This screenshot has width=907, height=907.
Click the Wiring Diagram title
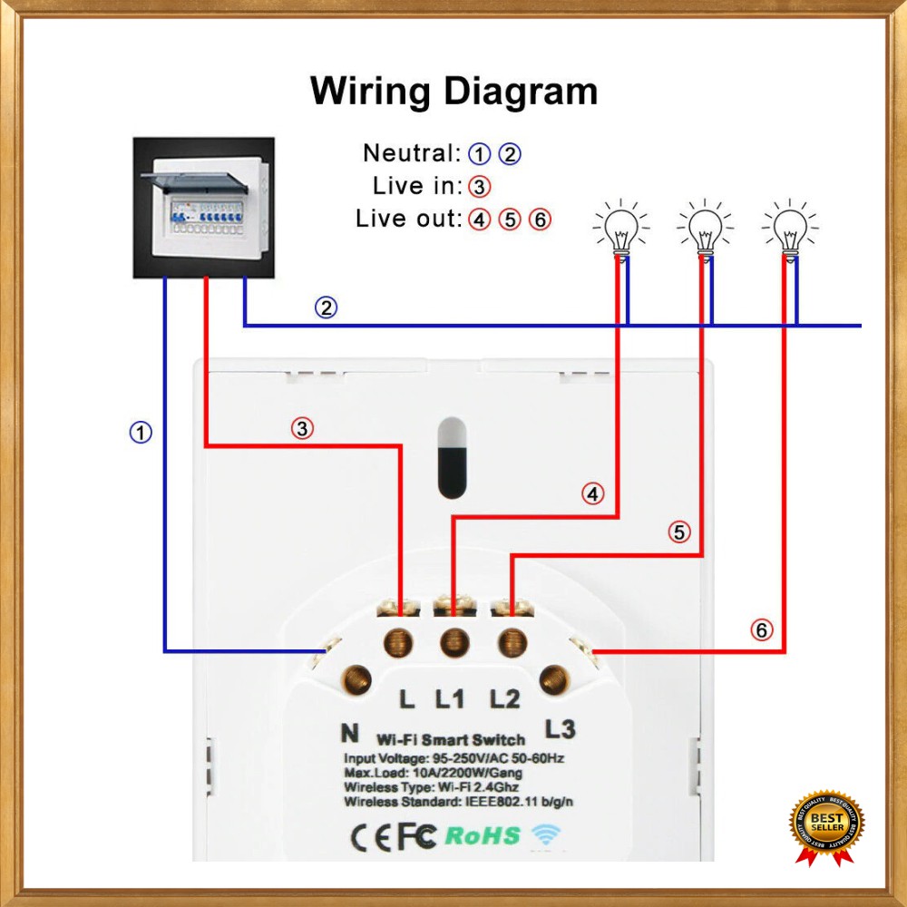click(453, 92)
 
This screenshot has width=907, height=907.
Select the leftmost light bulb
click(621, 229)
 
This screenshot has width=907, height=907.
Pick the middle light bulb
click(705, 229)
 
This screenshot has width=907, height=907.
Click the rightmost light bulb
click(790, 229)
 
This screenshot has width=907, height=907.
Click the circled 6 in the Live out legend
click(540, 219)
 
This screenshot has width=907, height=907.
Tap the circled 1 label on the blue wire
click(141, 433)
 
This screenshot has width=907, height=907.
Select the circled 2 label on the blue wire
click(327, 307)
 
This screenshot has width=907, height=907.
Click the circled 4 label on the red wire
click(592, 493)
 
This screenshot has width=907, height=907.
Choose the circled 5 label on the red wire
click(679, 532)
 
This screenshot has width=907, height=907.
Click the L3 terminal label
click(560, 728)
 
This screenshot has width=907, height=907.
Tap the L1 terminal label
click(450, 698)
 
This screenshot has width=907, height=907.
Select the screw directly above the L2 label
click(512, 643)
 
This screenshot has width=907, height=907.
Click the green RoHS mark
click(483, 835)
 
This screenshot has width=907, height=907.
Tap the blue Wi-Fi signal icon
click(547, 834)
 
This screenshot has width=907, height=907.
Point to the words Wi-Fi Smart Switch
click(450, 740)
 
